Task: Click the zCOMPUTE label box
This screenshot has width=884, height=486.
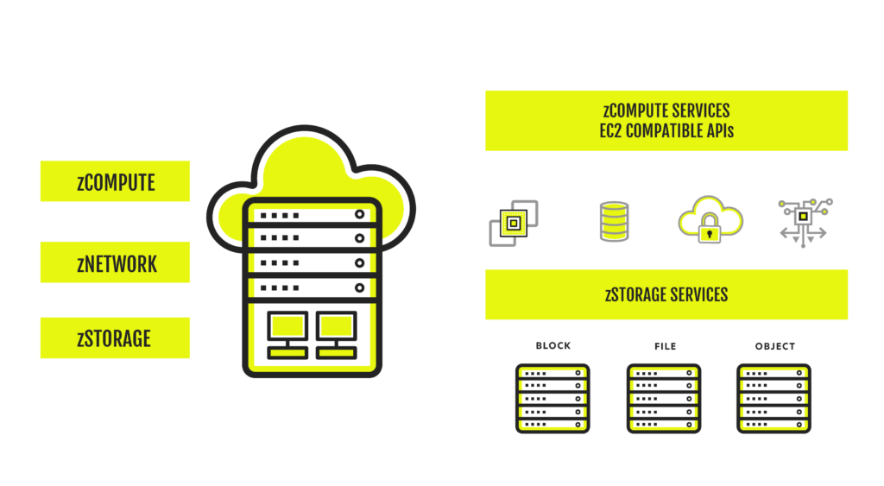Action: pos(115,181)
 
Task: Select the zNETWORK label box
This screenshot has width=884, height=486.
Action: pos(115,262)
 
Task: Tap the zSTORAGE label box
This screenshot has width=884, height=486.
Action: pos(115,338)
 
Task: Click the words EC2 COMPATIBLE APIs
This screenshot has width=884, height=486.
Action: pos(666,131)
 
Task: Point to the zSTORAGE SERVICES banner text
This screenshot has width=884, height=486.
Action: pos(666,294)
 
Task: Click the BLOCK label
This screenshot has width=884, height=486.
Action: pos(553,345)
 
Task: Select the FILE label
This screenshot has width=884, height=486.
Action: pos(666,346)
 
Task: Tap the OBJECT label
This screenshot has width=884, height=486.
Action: pos(775,346)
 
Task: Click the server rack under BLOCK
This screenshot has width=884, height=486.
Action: pos(552,399)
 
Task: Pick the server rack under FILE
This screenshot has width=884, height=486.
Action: pos(664,399)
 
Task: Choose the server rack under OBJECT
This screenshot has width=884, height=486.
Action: pos(774,399)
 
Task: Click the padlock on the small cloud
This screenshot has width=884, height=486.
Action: pos(710,229)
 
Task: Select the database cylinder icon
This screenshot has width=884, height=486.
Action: pos(614,222)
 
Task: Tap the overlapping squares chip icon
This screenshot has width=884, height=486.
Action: pos(514,224)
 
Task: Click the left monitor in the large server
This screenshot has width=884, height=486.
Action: pos(287,335)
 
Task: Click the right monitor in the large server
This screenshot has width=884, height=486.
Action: pos(337,335)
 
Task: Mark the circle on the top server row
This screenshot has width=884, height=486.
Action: pos(359,214)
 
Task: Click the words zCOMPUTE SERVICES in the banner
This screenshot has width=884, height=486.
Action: pos(666,110)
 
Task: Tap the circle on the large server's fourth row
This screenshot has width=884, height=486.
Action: pos(359,287)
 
